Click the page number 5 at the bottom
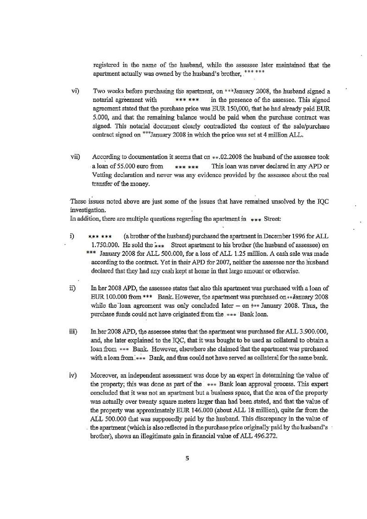187,458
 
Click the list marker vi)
75,91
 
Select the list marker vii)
75,157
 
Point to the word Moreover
103,375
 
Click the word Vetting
101,175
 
